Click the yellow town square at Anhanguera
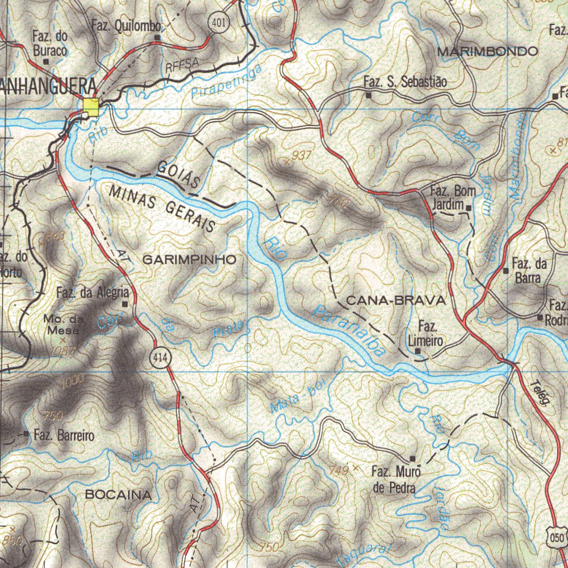[x=91, y=107]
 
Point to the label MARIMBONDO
[x=487, y=52]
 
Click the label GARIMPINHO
[x=189, y=259]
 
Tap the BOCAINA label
[x=118, y=495]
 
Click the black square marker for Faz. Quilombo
[x=157, y=38]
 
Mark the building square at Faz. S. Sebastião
[x=368, y=95]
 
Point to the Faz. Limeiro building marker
[x=418, y=351]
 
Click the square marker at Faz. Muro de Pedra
[x=412, y=458]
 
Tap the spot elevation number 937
[x=301, y=156]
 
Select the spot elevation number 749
[x=339, y=470]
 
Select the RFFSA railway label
[x=181, y=66]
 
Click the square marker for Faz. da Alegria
[x=125, y=304]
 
